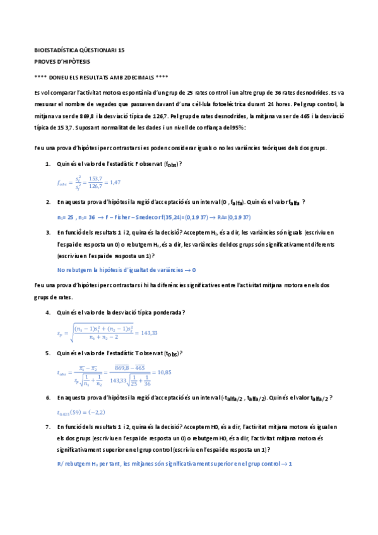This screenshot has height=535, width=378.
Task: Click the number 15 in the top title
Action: (121, 49)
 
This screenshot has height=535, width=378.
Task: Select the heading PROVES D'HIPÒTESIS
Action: (62, 62)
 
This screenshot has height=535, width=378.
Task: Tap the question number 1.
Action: (48, 164)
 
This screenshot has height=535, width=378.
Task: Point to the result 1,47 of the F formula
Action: (114, 182)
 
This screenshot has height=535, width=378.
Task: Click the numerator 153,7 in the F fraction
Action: (96, 179)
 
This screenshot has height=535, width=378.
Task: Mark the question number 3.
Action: (48, 232)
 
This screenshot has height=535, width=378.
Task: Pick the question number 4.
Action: (48, 312)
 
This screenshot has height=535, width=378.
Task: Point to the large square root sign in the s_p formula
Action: (71, 332)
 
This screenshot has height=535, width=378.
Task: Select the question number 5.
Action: (48, 353)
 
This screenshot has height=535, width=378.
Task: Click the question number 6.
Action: (48, 398)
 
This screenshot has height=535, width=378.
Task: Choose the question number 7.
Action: (48, 427)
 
